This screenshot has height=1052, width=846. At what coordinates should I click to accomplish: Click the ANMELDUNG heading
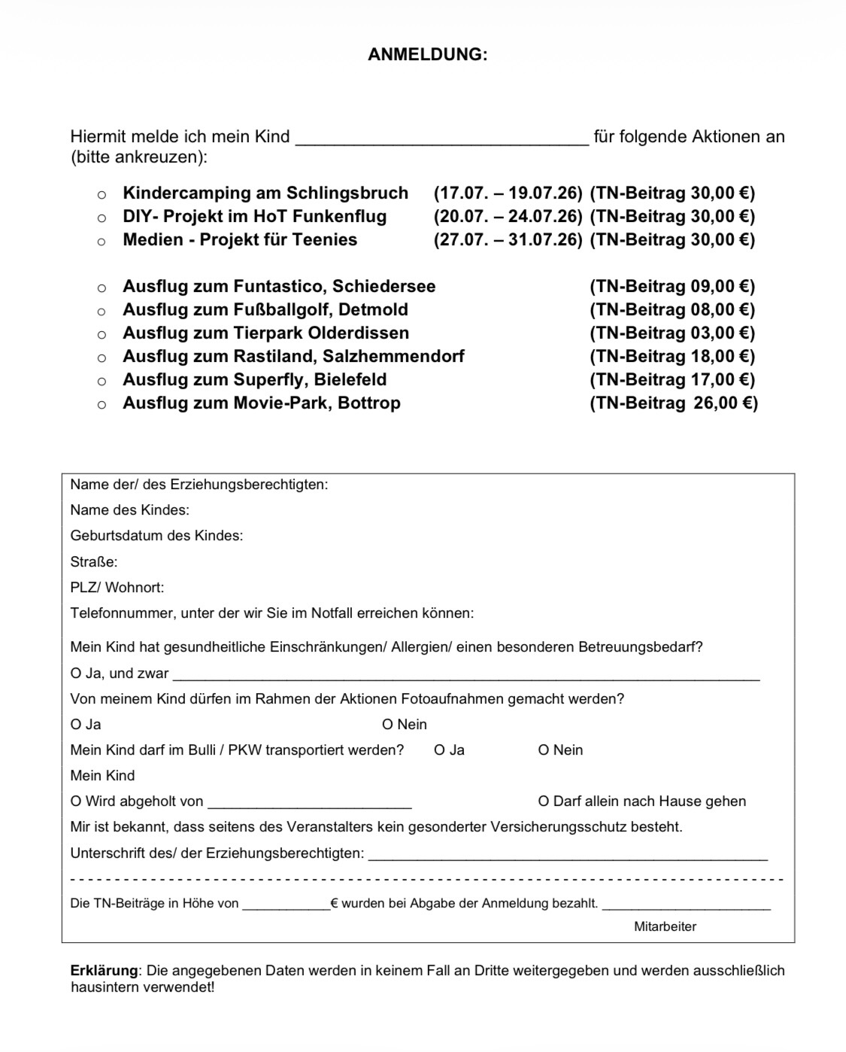point(427,54)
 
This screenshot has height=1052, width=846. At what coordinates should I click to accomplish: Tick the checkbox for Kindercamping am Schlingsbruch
point(102,195)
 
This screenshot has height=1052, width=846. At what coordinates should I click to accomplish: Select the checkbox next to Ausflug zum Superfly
point(102,382)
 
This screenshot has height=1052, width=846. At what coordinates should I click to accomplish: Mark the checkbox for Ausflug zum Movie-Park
point(102,405)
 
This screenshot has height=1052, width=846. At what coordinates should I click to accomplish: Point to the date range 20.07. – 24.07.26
point(508,216)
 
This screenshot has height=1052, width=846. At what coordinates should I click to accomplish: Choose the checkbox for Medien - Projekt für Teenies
point(102,242)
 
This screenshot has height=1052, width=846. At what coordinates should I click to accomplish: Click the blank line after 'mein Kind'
point(442,138)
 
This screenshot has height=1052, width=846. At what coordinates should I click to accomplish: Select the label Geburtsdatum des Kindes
point(156,536)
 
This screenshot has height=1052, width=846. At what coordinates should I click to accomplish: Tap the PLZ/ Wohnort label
point(117,587)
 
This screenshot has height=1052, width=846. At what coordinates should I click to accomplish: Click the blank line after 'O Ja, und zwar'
point(466,675)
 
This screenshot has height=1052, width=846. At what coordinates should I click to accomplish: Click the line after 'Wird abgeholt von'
point(310,803)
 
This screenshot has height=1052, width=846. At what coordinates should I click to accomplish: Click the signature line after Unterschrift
point(568,855)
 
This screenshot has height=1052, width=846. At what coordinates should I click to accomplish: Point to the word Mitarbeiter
point(665,926)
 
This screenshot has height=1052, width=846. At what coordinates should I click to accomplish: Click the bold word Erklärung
point(104,970)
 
